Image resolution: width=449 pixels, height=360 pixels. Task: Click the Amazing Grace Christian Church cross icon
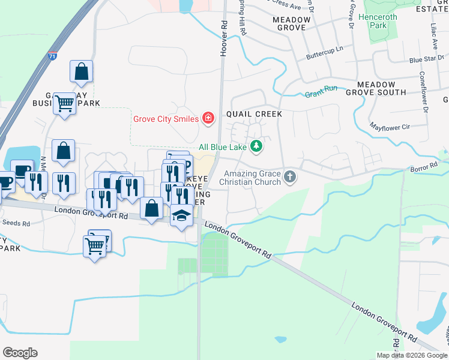291,177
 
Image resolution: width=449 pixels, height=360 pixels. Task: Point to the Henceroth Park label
378,22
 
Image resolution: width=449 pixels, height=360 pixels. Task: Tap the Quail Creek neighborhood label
254,113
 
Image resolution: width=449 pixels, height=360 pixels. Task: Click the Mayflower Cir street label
389,127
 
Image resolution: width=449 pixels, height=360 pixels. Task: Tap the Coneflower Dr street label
423,92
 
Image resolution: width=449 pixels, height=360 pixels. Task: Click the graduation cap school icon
181,215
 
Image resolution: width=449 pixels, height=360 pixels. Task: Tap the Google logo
20,353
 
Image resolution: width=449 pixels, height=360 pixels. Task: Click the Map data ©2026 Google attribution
412,355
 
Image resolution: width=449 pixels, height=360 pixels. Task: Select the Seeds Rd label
16,223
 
